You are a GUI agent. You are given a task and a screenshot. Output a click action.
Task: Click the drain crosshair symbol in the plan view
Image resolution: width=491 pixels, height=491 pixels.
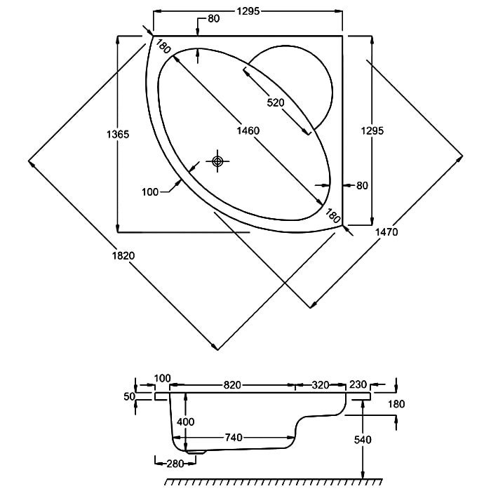217,161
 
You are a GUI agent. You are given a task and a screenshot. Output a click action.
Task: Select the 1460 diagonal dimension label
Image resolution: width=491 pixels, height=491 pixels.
248,130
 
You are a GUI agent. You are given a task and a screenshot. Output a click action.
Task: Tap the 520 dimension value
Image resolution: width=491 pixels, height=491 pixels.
276,102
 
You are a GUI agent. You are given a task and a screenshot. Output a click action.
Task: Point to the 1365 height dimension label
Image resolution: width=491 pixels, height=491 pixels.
118,135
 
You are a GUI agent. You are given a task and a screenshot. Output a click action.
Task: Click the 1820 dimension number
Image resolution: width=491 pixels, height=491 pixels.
123,256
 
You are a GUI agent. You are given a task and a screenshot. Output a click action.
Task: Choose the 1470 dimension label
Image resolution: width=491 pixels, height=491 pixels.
386,232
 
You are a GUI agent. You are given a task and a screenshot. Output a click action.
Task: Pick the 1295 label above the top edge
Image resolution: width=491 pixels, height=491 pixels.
248,11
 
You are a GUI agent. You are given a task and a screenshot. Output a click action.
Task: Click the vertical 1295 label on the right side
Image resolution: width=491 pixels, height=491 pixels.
372,130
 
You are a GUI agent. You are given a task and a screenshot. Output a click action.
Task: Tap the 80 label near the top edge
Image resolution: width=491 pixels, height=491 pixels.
214,19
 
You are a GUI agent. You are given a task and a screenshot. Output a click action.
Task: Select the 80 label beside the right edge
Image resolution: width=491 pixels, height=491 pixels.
362,186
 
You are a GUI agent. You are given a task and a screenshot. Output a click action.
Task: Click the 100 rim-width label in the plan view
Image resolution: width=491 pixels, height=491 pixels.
150,192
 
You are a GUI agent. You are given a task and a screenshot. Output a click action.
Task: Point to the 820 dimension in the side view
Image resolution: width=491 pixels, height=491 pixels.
231,385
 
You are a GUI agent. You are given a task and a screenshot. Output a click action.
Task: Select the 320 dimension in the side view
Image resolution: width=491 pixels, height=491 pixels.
321,385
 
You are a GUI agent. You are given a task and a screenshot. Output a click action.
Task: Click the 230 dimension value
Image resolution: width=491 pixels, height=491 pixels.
358,384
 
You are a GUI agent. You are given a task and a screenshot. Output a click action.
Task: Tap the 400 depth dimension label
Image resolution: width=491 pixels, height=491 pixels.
186,422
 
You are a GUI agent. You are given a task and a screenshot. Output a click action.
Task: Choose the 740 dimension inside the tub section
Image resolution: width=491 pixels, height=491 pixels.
234,437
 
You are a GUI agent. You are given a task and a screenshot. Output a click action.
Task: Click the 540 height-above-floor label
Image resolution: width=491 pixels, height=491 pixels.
363,440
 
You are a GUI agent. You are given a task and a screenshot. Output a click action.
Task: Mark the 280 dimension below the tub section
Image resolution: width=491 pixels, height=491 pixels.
175,464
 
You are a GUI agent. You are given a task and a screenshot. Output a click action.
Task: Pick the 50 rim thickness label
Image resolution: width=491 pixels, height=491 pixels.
129,396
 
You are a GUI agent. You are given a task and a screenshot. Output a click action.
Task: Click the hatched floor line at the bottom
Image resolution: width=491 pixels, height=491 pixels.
274,482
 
